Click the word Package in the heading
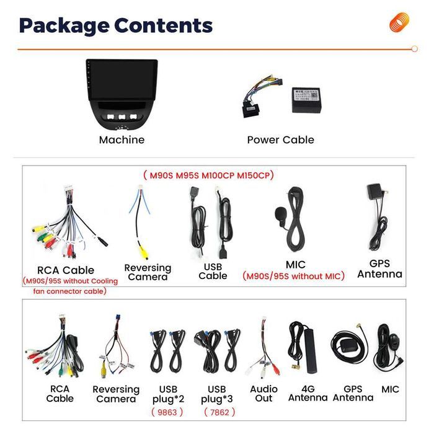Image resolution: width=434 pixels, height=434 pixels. [x=64, y=26]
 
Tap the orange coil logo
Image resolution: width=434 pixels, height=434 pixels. [x=399, y=22]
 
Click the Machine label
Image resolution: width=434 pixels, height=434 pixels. [x=122, y=139]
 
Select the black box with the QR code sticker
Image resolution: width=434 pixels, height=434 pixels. [x=306, y=100]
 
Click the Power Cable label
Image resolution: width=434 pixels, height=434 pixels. [x=281, y=139]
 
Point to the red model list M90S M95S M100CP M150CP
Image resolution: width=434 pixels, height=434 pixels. [x=209, y=175]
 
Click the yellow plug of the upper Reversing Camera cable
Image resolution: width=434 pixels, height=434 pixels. [x=144, y=253]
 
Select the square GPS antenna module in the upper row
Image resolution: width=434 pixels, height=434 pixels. [x=374, y=191]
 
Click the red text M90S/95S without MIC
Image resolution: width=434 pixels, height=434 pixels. [x=293, y=276]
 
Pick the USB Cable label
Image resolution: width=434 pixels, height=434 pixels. [x=213, y=272]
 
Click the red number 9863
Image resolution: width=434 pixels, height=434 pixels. [x=167, y=412]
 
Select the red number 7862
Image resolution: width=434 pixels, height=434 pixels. [x=219, y=412]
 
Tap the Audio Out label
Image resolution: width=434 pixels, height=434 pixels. [x=263, y=394]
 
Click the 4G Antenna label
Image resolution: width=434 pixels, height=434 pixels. [x=308, y=393]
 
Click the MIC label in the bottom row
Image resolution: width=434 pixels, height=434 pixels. [x=390, y=389]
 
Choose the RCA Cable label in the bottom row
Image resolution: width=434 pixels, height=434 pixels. [x=60, y=394]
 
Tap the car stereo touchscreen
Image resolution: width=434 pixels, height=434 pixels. [x=122, y=79]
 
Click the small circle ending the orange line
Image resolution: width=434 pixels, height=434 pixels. [x=414, y=49]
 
